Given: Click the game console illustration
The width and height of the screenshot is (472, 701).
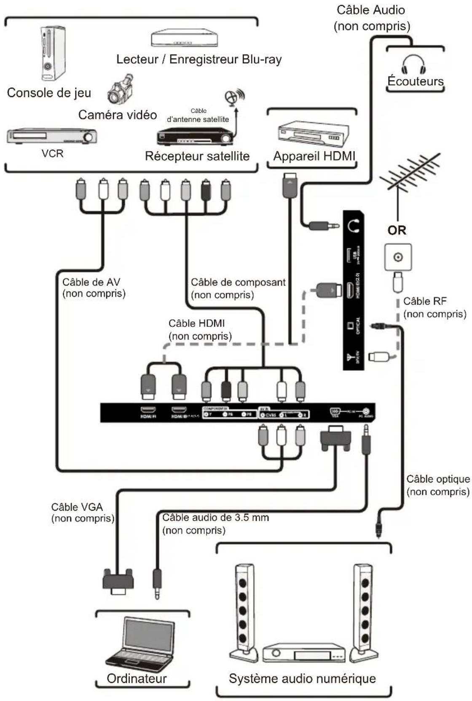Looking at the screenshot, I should [x=53, y=53].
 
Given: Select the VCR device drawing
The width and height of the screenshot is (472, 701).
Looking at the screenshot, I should [x=52, y=136].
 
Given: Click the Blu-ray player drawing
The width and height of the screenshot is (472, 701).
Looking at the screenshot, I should [x=185, y=38].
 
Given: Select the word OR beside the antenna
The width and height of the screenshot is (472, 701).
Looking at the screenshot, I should [x=397, y=231].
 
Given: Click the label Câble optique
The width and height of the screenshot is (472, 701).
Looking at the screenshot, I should [x=437, y=479].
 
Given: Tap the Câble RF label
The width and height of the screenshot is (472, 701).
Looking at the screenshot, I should [x=424, y=301].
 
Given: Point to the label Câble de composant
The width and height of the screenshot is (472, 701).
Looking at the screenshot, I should [x=238, y=282].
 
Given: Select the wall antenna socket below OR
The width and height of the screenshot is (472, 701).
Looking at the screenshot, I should [x=398, y=257].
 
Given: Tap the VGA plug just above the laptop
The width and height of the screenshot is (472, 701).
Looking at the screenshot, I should [x=118, y=582].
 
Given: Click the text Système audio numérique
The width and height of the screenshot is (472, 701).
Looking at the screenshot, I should [x=302, y=678].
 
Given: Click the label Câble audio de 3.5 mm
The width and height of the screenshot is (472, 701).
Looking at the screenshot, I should [x=215, y=518].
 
